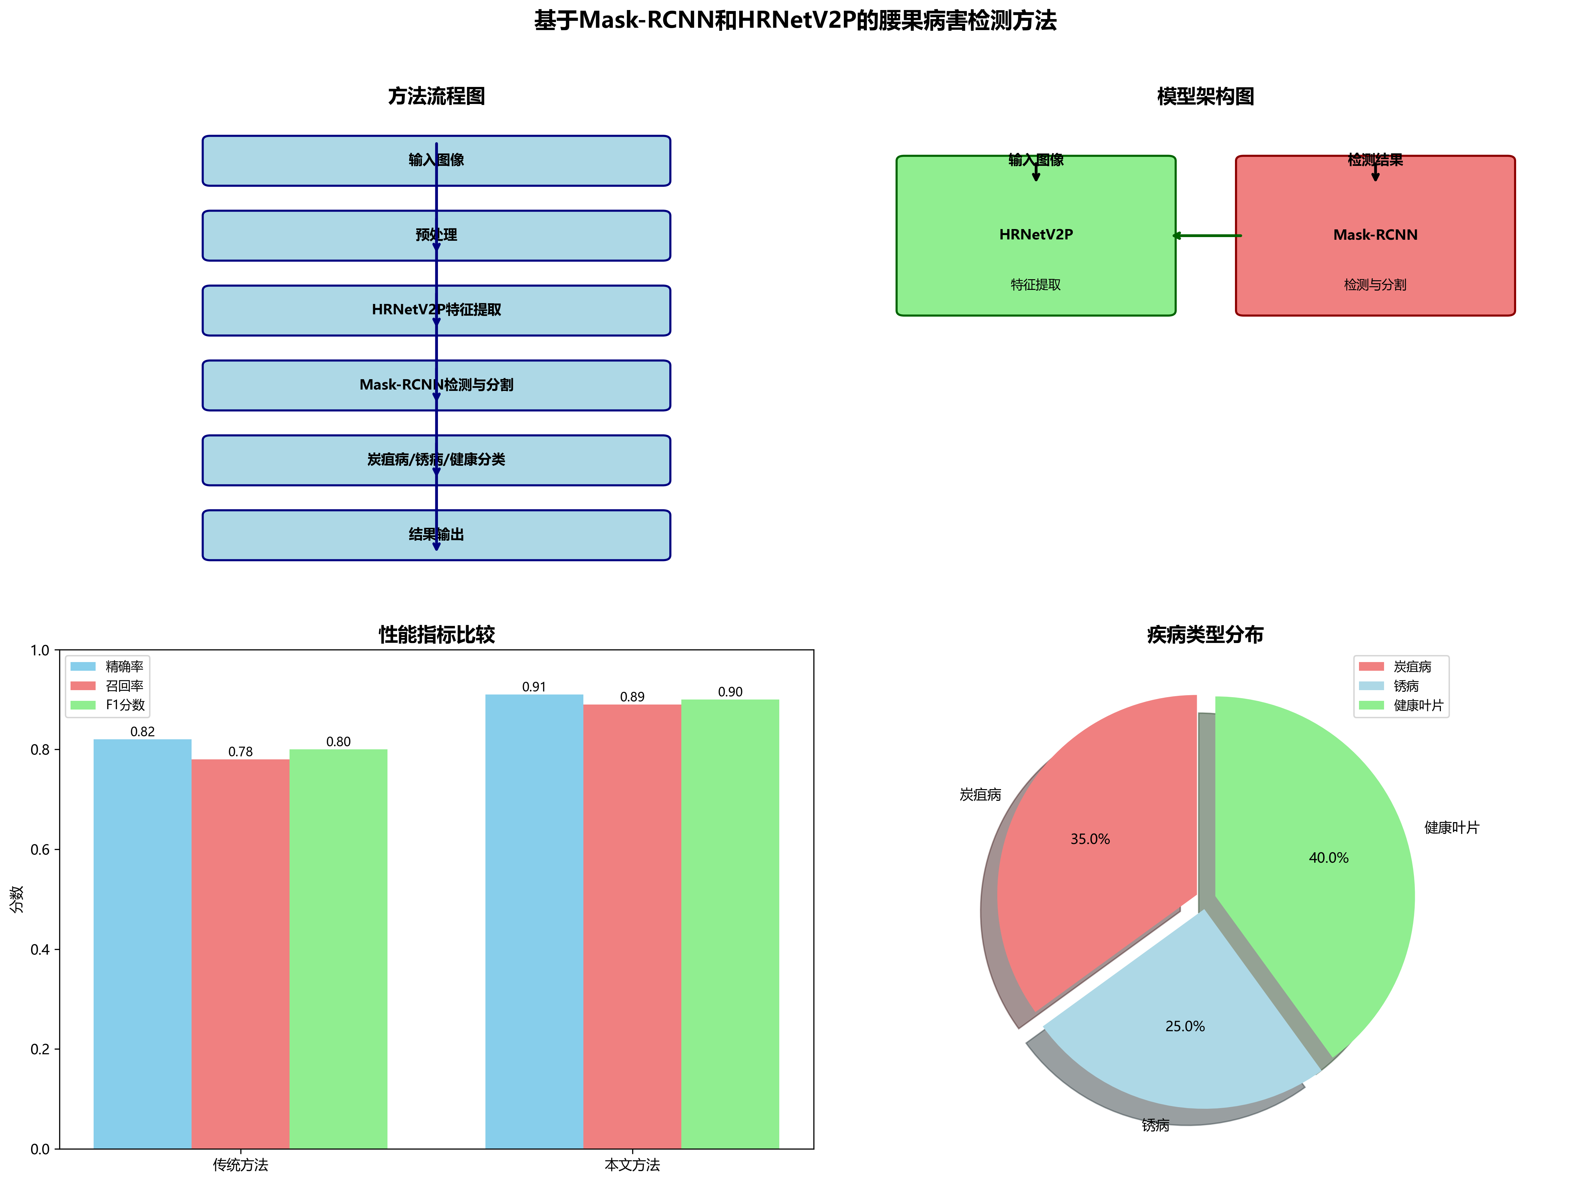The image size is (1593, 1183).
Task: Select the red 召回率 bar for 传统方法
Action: pyautogui.click(x=241, y=952)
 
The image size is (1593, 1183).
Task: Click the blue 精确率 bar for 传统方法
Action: pyautogui.click(x=142, y=945)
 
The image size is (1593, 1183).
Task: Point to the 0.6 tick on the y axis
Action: pyautogui.click(x=40, y=850)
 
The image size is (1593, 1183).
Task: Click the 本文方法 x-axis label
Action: pyautogui.click(x=632, y=1165)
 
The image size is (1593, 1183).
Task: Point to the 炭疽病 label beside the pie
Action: pyautogui.click(x=980, y=795)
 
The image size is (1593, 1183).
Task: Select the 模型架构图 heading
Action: pyautogui.click(x=1206, y=97)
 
